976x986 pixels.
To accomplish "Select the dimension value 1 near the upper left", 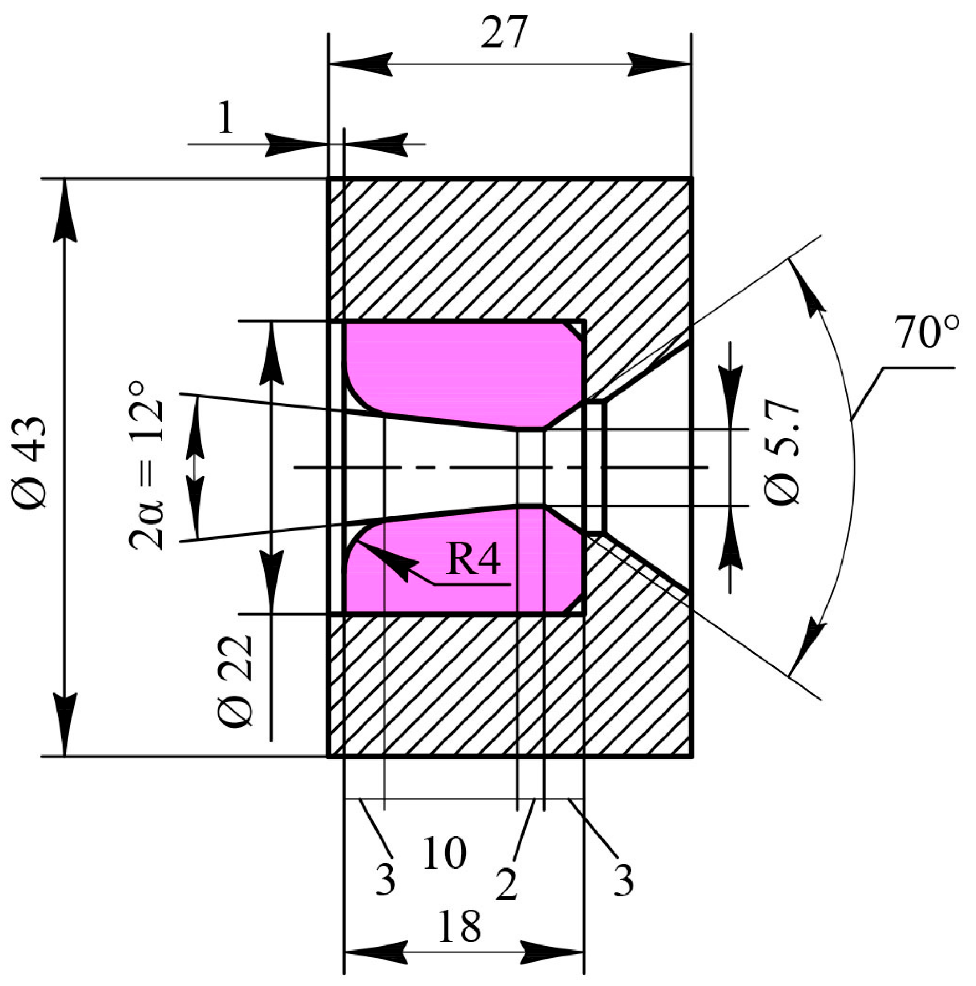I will point(225,119).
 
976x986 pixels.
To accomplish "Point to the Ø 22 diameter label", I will point(236,681).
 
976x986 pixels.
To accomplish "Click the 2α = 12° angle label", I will point(146,465).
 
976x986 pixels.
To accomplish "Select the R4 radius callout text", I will point(474,560).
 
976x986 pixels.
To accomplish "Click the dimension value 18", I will point(459,926).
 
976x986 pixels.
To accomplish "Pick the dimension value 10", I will point(445,854).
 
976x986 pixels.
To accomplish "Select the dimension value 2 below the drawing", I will point(506,884).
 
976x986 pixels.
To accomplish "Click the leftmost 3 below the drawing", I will point(386,879).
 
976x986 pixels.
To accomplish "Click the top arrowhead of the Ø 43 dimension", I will point(65,208).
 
